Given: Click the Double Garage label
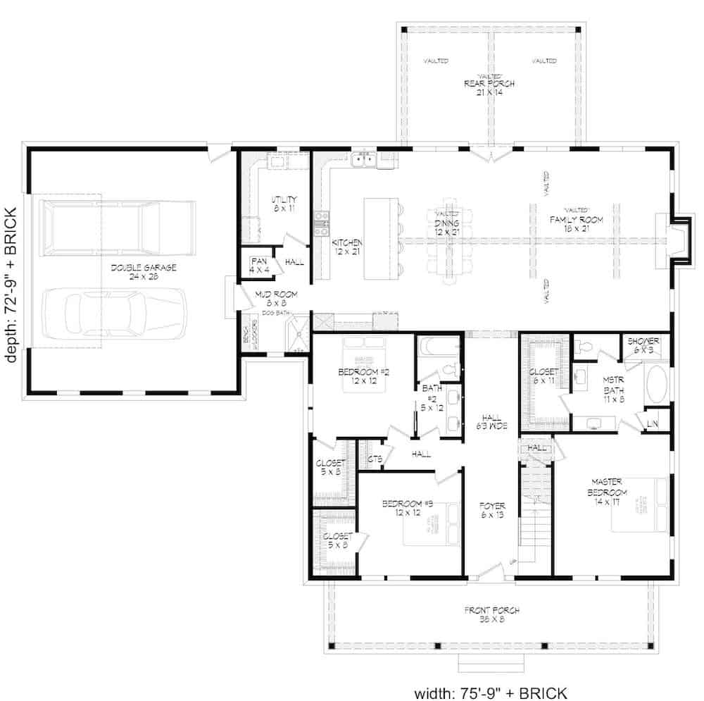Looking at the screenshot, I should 143,273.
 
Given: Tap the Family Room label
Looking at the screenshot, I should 576,224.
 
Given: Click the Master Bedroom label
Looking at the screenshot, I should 608,487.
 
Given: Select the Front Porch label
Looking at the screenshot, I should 491,614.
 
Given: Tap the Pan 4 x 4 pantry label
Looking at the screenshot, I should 258,264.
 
